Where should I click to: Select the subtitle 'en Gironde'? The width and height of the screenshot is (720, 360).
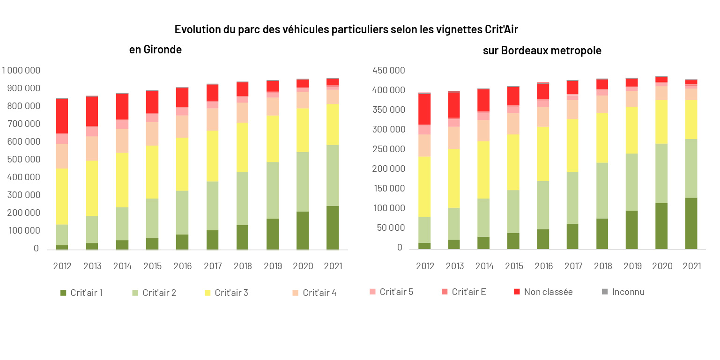pyautogui.click(x=156, y=50)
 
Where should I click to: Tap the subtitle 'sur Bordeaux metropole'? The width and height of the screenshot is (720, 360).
pyautogui.click(x=542, y=51)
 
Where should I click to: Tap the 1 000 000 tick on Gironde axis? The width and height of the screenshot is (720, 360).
pyautogui.click(x=22, y=71)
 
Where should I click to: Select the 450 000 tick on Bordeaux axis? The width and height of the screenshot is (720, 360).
pyautogui.click(x=388, y=71)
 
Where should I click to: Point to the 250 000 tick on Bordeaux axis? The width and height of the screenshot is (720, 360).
pyautogui.click(x=388, y=149)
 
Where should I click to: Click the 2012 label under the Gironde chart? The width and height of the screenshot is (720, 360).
pyautogui.click(x=62, y=266)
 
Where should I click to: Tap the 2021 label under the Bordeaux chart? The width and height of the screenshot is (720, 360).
pyautogui.click(x=692, y=266)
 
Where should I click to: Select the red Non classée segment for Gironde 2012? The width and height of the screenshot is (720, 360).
pyautogui.click(x=62, y=116)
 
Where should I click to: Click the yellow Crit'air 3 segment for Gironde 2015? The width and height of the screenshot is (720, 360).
pyautogui.click(x=153, y=172)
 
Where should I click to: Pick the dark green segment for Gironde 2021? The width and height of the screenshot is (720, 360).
pyautogui.click(x=333, y=228)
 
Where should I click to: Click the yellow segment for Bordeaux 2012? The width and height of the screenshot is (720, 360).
pyautogui.click(x=424, y=186)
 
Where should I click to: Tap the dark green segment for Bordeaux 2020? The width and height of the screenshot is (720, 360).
pyautogui.click(x=661, y=226)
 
